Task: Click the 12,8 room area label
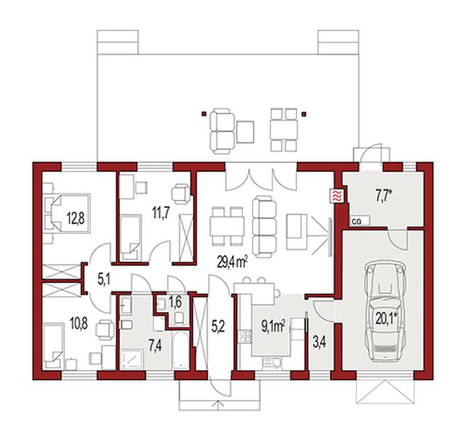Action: pyautogui.click(x=75, y=218)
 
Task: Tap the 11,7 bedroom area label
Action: pyautogui.click(x=161, y=213)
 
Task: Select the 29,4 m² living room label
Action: pyautogui.click(x=233, y=263)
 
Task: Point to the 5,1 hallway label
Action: pyautogui.click(x=103, y=280)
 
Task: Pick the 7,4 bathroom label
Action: pyautogui.click(x=155, y=346)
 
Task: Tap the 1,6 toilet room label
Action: pyautogui.click(x=175, y=302)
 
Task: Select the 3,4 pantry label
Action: pyautogui.click(x=319, y=343)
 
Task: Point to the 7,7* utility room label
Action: pyautogui.click(x=383, y=195)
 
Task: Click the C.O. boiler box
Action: pyautogui.click(x=359, y=221)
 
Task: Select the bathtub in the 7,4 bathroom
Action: pyautogui.click(x=180, y=350)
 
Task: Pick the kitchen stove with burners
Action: pyautogui.click(x=246, y=336)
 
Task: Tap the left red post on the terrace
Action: pyautogui.click(x=204, y=113)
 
